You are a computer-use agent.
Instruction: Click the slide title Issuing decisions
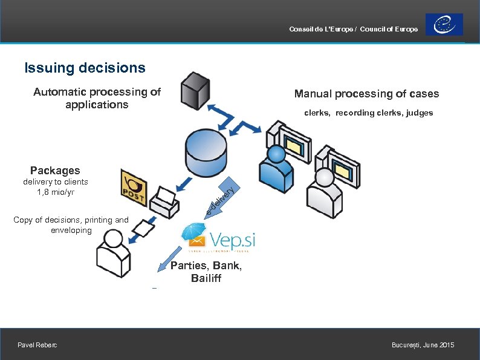(85, 68)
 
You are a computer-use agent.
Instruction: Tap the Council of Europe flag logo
(444, 25)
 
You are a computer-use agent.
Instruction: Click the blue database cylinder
(205, 152)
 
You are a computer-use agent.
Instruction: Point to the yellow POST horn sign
(134, 184)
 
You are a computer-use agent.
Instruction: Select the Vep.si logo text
(232, 239)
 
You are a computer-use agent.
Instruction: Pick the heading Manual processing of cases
(366, 94)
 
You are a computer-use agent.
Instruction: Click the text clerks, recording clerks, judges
(368, 113)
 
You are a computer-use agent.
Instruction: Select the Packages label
(55, 171)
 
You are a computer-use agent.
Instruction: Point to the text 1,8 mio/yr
(55, 192)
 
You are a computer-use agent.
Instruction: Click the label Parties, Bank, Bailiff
(206, 272)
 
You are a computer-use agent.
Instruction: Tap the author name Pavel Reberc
(38, 345)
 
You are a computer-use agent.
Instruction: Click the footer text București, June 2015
(423, 345)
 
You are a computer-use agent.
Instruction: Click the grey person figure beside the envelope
(112, 254)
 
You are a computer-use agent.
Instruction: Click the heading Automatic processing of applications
(97, 98)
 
